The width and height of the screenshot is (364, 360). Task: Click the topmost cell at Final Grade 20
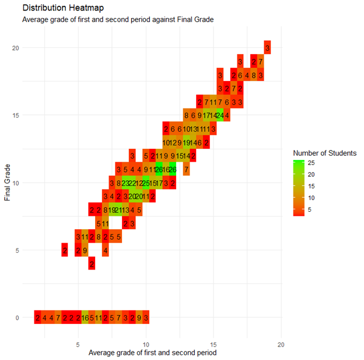(x=267, y=47)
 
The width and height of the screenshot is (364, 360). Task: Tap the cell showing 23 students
(x=125, y=183)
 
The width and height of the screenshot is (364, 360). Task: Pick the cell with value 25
(x=146, y=183)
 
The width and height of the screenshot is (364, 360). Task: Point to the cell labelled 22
(x=132, y=183)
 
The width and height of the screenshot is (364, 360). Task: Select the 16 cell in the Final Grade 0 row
(x=85, y=318)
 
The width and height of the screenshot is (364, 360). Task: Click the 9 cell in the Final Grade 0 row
(x=139, y=318)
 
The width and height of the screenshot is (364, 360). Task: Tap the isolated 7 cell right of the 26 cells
(x=186, y=169)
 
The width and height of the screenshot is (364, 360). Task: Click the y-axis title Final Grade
(x=8, y=182)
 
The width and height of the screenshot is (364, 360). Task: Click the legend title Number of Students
(x=324, y=153)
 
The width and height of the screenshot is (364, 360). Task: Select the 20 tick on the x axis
(x=281, y=345)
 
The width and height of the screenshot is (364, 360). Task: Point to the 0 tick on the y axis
(x=16, y=318)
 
